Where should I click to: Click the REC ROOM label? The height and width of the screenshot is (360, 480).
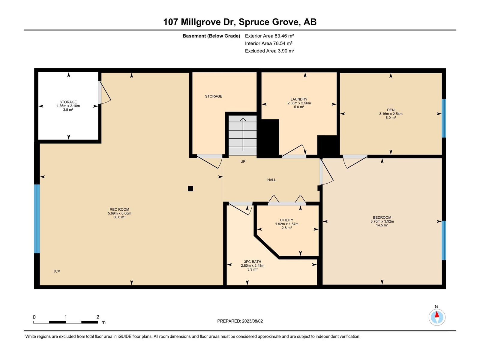coord(119,209)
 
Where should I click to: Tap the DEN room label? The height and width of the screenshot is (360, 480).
coord(391,110)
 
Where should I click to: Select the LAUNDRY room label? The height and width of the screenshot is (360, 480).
coord(299,99)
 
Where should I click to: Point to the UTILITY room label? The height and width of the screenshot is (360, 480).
coord(286,220)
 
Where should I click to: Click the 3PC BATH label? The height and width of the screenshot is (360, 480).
coord(252,262)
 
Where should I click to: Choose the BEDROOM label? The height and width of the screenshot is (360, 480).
coord(382,217)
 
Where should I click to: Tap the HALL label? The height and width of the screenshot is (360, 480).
coord(271,180)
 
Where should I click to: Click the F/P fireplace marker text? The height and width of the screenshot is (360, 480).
coord(57,271)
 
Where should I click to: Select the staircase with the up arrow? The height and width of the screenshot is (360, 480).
coord(242,135)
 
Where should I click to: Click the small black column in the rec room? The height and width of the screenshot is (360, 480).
coord(190,189)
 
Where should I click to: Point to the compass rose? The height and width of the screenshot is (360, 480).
coord(437,317)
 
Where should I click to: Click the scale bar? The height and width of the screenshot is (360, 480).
coord(66,322)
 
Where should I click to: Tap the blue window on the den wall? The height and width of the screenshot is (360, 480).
coord(444,118)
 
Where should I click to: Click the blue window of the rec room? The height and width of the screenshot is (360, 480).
coord(37,219)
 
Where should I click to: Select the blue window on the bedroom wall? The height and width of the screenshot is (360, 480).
coord(444,240)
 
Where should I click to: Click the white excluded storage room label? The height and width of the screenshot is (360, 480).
coord(68,102)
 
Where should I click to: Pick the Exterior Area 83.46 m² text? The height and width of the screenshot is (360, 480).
coord(269,36)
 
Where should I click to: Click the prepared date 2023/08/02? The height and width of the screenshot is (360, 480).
coord(252,321)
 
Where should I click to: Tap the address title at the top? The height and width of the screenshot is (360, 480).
coord(240,22)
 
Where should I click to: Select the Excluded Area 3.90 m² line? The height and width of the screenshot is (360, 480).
coord(270,51)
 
